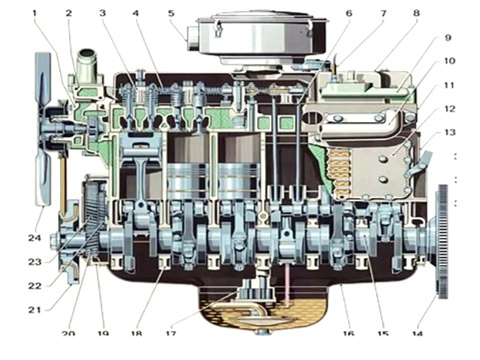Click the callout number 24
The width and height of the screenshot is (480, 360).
pyautogui.click(x=34, y=238)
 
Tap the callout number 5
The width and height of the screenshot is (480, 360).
pyautogui.click(x=170, y=13)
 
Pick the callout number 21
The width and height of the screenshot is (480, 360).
pyautogui.click(x=34, y=309)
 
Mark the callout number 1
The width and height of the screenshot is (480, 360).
pyautogui.click(x=35, y=13)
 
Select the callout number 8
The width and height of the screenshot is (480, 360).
pyautogui.click(x=416, y=13)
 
